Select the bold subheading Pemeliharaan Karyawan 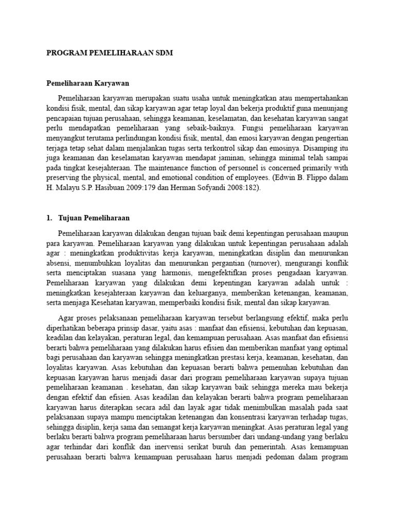(x=87, y=83)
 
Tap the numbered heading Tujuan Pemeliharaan (x=94, y=218)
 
